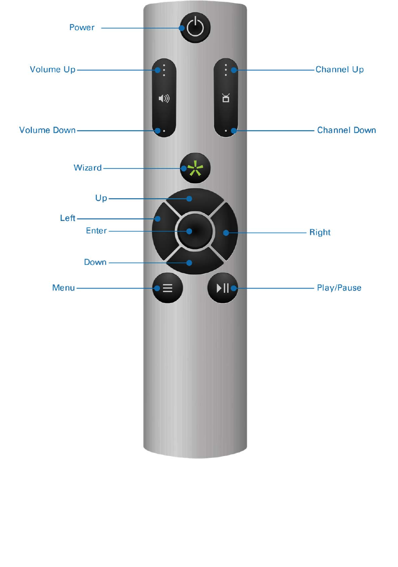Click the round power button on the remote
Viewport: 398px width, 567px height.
click(x=195, y=28)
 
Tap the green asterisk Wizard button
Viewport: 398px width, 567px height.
click(x=195, y=168)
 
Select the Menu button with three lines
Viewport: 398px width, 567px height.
click(x=167, y=288)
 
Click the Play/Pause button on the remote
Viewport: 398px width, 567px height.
click(x=222, y=288)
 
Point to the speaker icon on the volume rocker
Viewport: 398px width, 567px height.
click(x=164, y=99)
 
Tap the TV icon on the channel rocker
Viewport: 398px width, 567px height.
click(x=226, y=98)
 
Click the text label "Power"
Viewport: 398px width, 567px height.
click(x=82, y=28)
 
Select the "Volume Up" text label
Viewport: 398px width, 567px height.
click(x=52, y=70)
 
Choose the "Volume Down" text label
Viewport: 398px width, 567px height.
click(x=47, y=130)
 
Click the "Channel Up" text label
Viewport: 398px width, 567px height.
click(x=339, y=70)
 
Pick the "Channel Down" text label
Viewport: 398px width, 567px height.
click(x=346, y=130)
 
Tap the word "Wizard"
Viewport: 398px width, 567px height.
click(x=88, y=168)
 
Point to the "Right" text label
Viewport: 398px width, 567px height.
click(x=320, y=233)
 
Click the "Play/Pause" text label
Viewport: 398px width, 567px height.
click(x=339, y=288)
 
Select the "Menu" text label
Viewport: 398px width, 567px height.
click(x=63, y=288)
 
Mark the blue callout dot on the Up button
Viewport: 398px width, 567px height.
click(x=189, y=199)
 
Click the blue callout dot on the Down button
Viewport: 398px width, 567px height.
click(x=189, y=263)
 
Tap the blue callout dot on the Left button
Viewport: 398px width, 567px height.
click(x=158, y=219)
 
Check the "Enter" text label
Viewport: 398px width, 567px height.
click(x=96, y=231)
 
